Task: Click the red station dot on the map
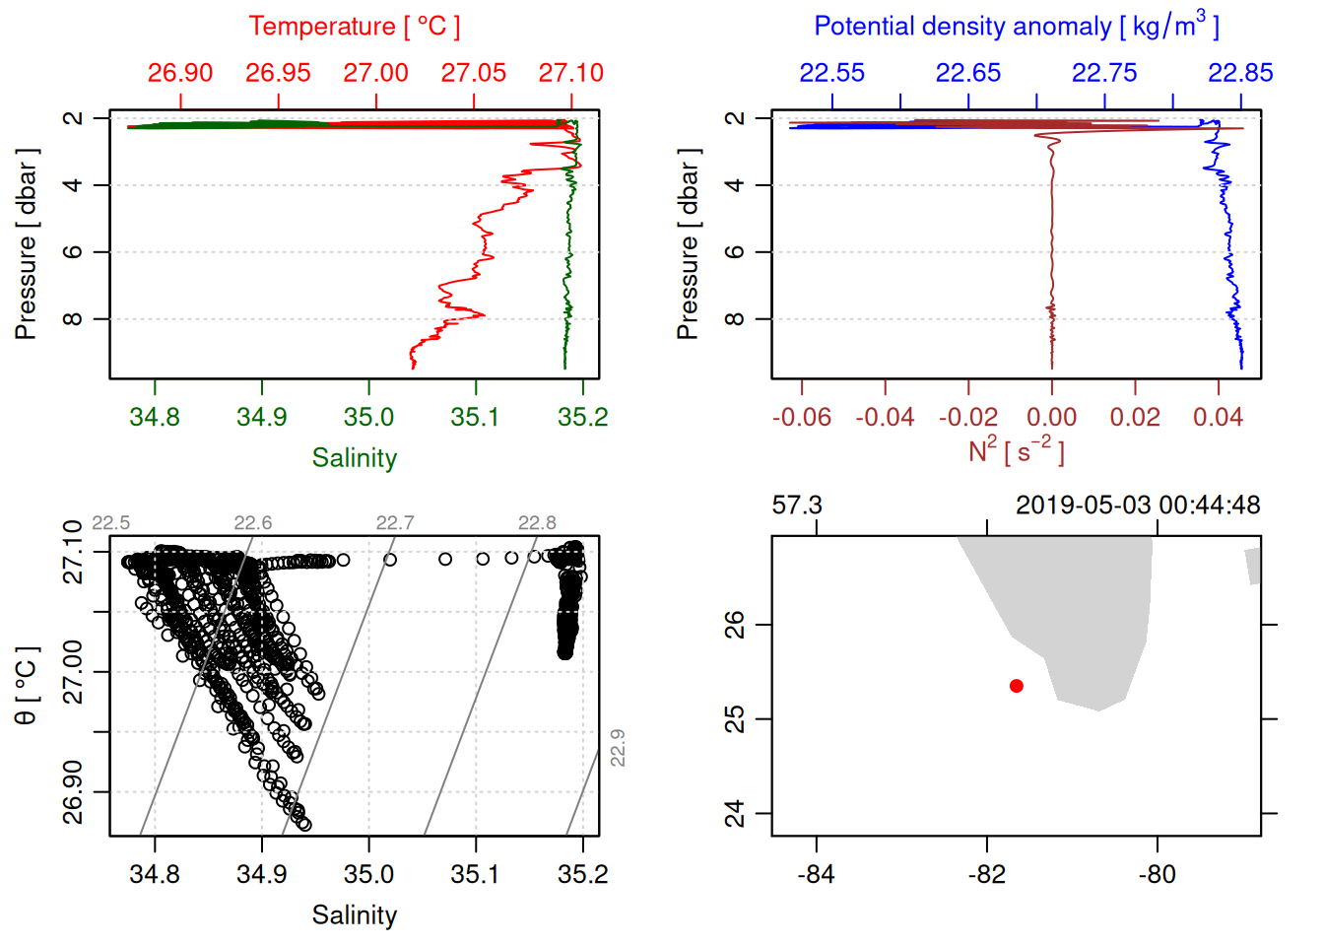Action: click(x=1017, y=686)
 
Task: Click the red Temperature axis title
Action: click(x=354, y=27)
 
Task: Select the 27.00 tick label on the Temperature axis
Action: click(x=375, y=73)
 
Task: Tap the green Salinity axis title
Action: click(x=355, y=458)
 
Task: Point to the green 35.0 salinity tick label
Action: click(x=368, y=418)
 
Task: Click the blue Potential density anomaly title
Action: click(x=1016, y=27)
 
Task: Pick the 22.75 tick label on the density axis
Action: click(x=1104, y=73)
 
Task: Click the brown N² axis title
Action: click(x=1016, y=451)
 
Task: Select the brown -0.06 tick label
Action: click(x=801, y=418)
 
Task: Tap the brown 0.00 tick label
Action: click(x=1051, y=418)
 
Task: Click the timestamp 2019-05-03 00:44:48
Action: click(x=1138, y=506)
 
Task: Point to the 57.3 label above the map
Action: click(x=797, y=506)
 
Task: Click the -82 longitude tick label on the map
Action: click(x=986, y=875)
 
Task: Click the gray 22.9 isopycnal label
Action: click(x=618, y=748)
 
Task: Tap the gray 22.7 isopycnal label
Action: click(x=395, y=523)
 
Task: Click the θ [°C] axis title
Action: click(x=27, y=686)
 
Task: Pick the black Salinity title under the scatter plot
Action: click(x=355, y=915)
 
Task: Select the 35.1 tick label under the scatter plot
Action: click(x=476, y=875)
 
